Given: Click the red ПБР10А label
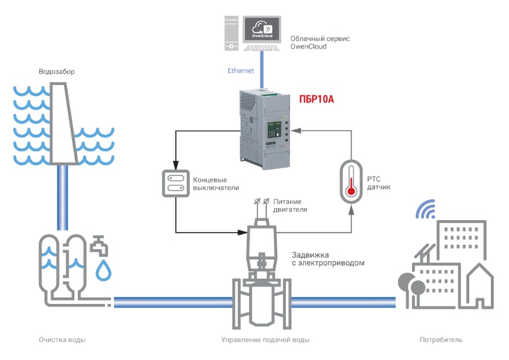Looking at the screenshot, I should [x=317, y=99].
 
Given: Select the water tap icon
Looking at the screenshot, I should [x=100, y=245].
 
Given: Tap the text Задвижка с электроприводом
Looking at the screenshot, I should [x=327, y=259].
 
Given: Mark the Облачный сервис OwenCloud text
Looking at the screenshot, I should [x=320, y=42].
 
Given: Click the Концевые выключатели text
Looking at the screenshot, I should [x=212, y=183].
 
